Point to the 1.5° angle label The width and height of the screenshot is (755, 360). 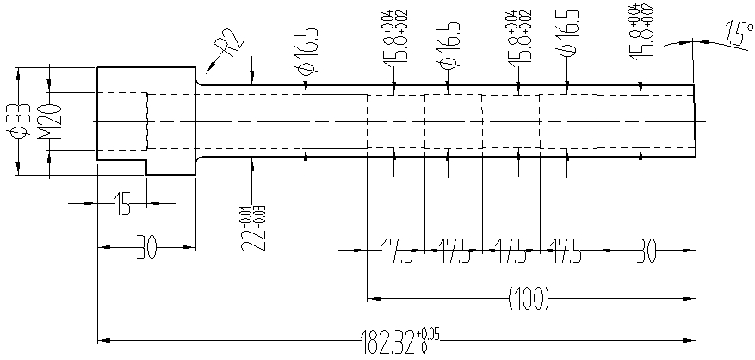(x=736, y=35)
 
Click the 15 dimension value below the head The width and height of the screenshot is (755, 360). (x=122, y=205)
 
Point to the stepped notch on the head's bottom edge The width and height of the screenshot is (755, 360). (x=146, y=165)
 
